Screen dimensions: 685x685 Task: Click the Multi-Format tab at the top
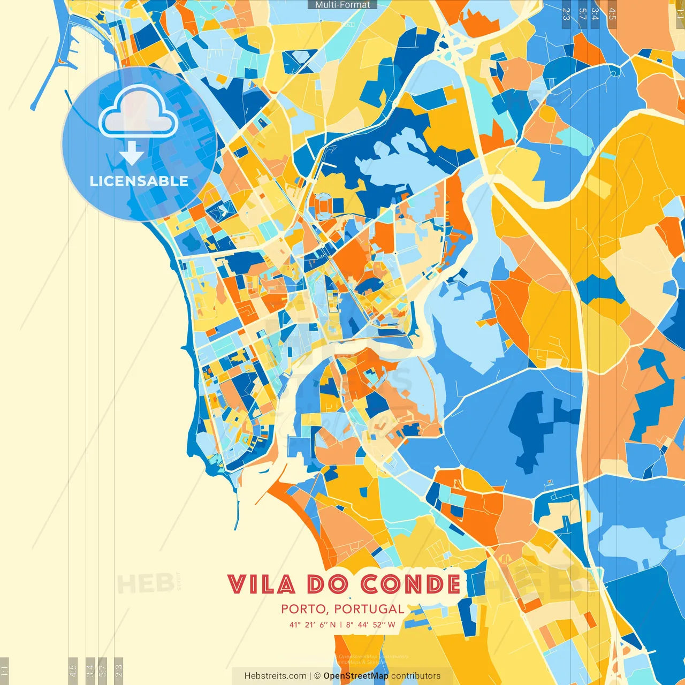pyautogui.click(x=342, y=5)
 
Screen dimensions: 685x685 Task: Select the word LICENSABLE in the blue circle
pyautogui.click(x=139, y=181)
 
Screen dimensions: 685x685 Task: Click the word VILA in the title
pyautogui.click(x=261, y=584)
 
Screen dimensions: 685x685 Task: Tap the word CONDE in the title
pyautogui.click(x=410, y=584)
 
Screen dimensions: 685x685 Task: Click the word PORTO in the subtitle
pyautogui.click(x=303, y=609)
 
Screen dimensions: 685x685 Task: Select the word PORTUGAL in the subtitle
pyautogui.click(x=369, y=609)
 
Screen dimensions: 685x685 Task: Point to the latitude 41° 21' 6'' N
pyautogui.click(x=313, y=625)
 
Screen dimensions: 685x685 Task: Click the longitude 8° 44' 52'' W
pyautogui.click(x=370, y=625)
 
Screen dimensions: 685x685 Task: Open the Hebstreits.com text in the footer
pyautogui.click(x=275, y=676)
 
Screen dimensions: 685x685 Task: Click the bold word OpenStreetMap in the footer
pyautogui.click(x=356, y=676)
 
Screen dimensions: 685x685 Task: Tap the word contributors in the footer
pyautogui.click(x=416, y=676)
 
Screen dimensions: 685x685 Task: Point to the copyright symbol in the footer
pyautogui.click(x=317, y=676)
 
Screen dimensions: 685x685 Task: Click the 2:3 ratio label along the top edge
pyautogui.click(x=566, y=14)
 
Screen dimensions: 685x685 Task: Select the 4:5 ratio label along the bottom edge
pyautogui.click(x=73, y=670)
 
